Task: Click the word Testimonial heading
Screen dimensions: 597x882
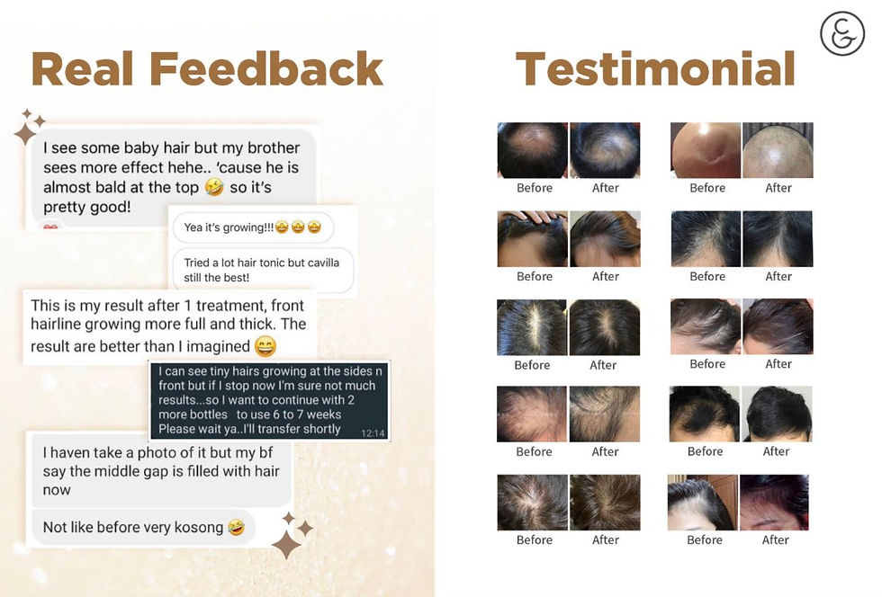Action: pos(655,69)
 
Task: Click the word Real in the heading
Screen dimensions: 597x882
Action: pos(82,69)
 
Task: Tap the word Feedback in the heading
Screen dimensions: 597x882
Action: pos(266,69)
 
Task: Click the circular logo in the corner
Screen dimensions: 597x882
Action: pos(841,34)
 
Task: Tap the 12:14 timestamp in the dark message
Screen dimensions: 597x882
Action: pos(373,432)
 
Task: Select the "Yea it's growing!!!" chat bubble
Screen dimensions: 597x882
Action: pos(252,227)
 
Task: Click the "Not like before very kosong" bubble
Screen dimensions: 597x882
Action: pos(143,527)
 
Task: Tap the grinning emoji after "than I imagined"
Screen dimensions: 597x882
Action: pos(265,346)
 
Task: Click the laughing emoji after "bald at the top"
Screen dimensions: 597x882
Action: pos(213,187)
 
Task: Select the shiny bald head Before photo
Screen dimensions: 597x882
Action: pos(706,150)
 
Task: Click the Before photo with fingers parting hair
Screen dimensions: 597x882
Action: pos(532,238)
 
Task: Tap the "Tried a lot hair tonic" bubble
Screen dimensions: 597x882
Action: pos(263,270)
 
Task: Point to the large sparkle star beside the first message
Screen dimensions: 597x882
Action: pos(24,134)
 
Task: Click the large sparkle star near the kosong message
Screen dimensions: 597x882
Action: pos(286,543)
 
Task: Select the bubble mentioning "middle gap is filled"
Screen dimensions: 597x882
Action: pos(161,471)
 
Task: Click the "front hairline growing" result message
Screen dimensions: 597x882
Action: pos(168,325)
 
